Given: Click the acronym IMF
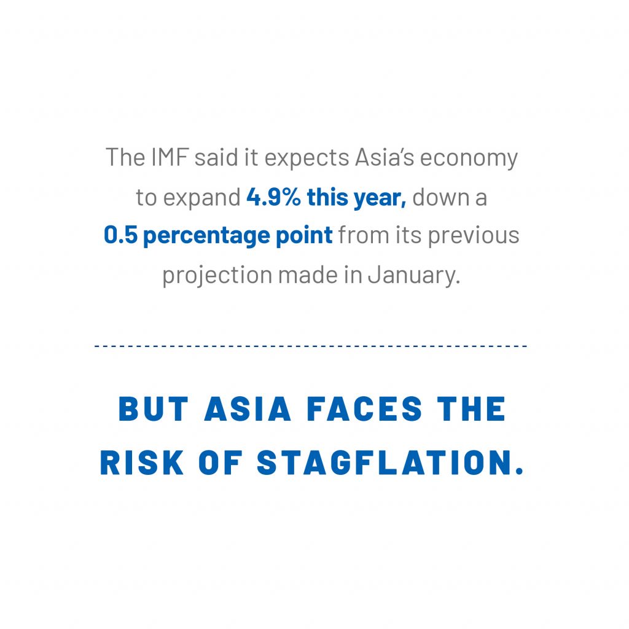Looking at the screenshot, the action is [x=170, y=157].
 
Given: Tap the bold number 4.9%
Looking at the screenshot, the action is [x=273, y=197].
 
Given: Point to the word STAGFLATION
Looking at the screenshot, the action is [x=390, y=463].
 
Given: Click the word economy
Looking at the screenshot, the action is [x=469, y=158].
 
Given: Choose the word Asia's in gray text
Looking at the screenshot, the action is [x=385, y=157].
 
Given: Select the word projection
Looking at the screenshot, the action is [x=217, y=276].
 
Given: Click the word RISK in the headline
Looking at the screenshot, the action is [x=142, y=463].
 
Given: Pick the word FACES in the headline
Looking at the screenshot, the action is [x=364, y=408].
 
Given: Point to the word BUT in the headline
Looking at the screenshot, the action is [x=153, y=408].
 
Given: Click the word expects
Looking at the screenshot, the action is [x=307, y=158].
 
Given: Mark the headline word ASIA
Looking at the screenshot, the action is [x=248, y=408].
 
